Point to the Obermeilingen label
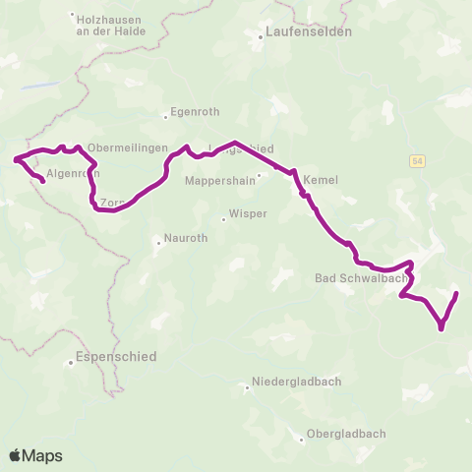click(x=124, y=148)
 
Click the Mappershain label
click(x=217, y=181)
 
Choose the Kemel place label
click(x=321, y=181)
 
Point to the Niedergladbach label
click(x=295, y=383)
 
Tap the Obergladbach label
click(x=344, y=434)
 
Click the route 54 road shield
click(x=418, y=159)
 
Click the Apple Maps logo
click(x=35, y=455)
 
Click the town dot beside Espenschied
click(x=72, y=362)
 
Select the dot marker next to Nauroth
click(x=158, y=240)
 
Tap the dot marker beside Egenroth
click(x=165, y=117)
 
